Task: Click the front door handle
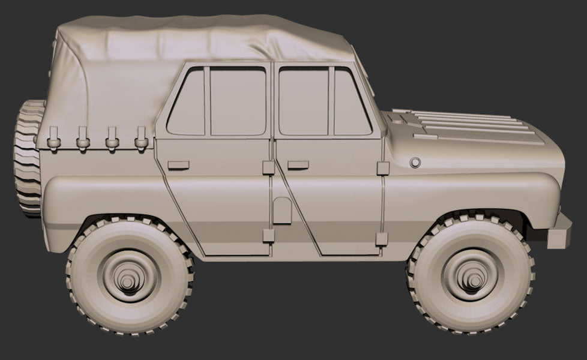coord(298,164)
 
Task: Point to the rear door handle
coord(178,164)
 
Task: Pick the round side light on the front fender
coord(414,163)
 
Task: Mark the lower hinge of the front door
coord(382,239)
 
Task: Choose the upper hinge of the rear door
coord(268,168)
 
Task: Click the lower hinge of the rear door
coord(268,236)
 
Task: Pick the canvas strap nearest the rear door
coord(141,138)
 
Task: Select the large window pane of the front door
coord(303,101)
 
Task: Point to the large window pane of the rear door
coord(238,101)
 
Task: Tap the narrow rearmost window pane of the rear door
coord(187,102)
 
